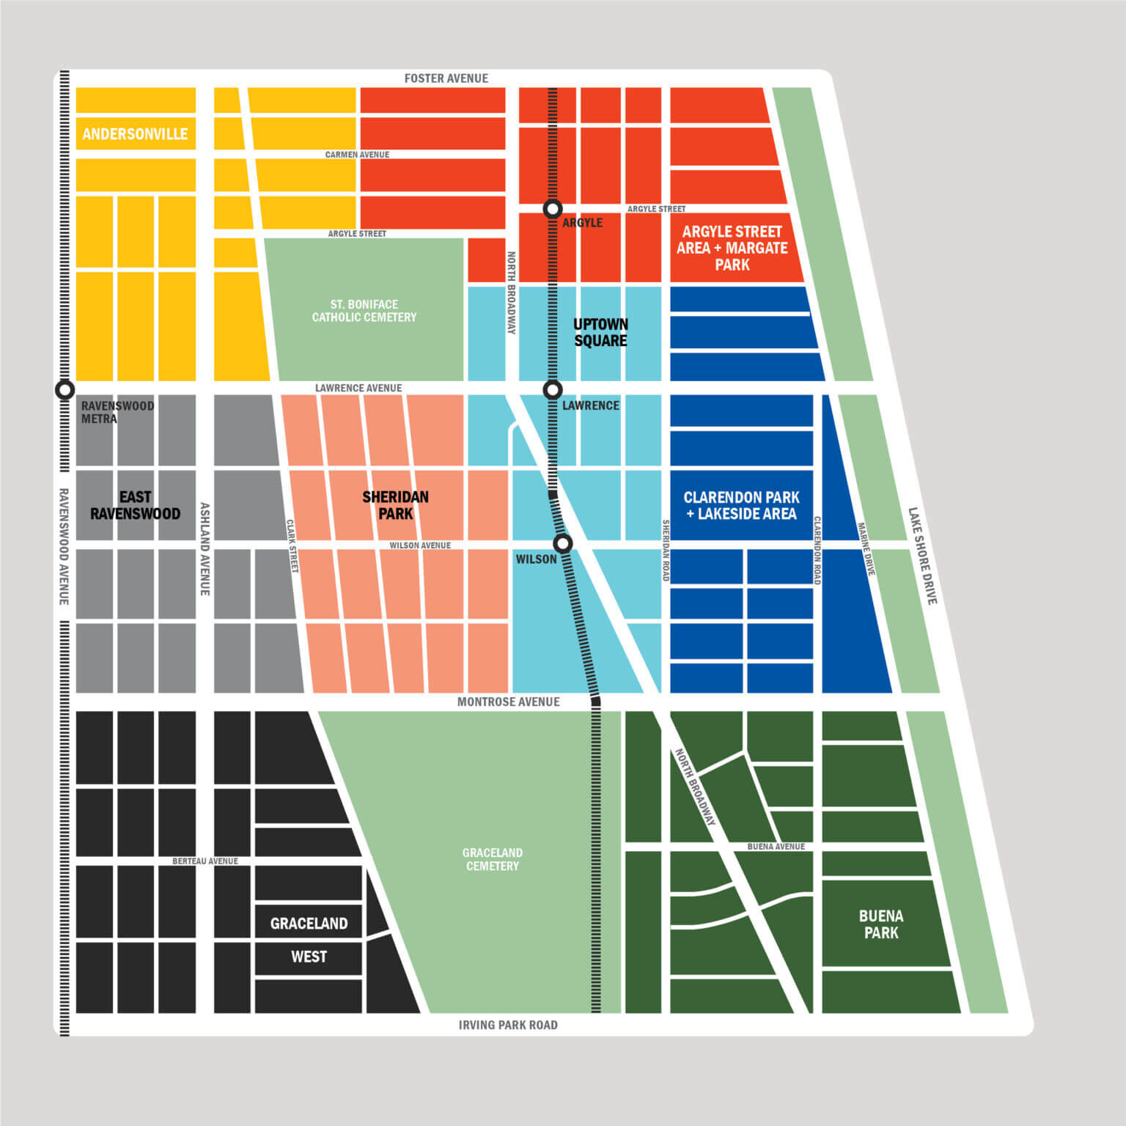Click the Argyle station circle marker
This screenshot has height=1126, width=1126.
pos(553,209)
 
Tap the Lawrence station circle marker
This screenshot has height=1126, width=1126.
pos(553,390)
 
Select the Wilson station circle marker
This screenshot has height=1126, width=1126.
pos(562,543)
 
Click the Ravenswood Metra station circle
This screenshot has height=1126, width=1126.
pos(65,390)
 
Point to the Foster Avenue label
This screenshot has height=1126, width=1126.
pos(446,78)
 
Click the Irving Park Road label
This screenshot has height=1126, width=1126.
pos(507,1025)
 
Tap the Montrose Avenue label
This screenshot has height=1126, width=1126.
pos(508,702)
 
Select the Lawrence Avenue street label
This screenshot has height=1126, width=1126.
pos(358,388)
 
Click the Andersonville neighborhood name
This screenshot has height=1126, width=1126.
pos(135,134)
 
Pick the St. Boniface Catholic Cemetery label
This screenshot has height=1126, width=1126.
pos(364,311)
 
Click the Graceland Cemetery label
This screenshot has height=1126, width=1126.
pos(492,859)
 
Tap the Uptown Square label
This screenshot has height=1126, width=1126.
pos(600,332)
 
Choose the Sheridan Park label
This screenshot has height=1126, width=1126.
pos(395,505)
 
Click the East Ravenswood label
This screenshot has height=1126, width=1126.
pos(135,505)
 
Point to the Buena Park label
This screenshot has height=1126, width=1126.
pos(880,924)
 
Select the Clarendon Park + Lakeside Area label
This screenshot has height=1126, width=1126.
pos(741,505)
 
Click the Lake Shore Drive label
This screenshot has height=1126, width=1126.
pos(922,556)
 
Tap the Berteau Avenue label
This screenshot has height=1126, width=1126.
pos(205,861)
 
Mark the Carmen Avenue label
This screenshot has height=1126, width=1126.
pos(357,155)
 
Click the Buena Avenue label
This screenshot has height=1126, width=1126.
pos(776,847)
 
